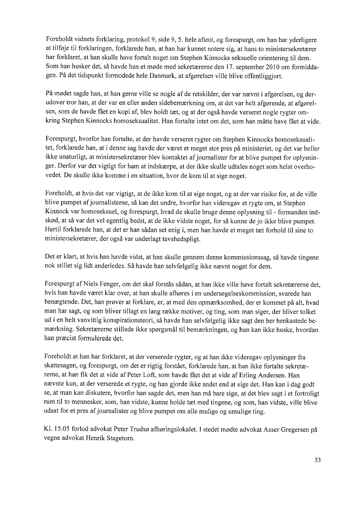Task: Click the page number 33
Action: (x=317, y=459)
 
